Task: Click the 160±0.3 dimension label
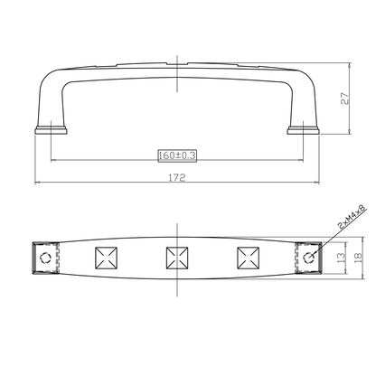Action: click(x=177, y=155)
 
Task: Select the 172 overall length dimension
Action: click(x=177, y=177)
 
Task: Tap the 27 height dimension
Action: click(x=344, y=99)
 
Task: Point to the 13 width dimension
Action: click(x=341, y=258)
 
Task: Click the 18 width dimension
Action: click(x=358, y=258)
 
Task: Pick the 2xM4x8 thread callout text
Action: click(x=352, y=217)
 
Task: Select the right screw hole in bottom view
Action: click(x=308, y=258)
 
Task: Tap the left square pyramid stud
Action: click(x=106, y=258)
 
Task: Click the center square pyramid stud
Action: click(x=177, y=258)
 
